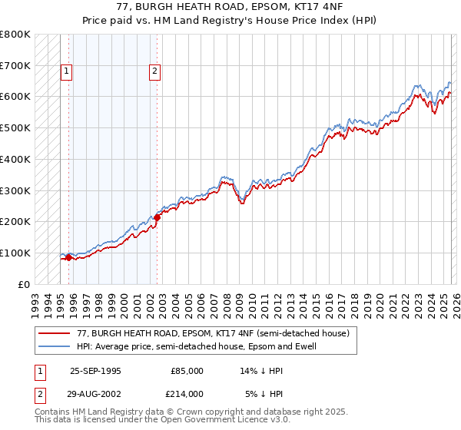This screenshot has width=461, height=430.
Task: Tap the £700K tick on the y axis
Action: pyautogui.click(x=15, y=65)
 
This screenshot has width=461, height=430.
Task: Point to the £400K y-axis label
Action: pyautogui.click(x=15, y=159)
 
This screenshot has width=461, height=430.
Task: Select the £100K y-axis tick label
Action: pyautogui.click(x=15, y=253)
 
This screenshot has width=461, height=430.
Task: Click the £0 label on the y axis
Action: pyautogui.click(x=23, y=284)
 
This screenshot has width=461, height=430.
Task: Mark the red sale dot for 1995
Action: pyautogui.click(x=69, y=257)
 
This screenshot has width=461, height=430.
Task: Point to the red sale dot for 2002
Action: pyautogui.click(x=157, y=217)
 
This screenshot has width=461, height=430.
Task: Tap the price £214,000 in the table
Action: pyautogui.click(x=187, y=393)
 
